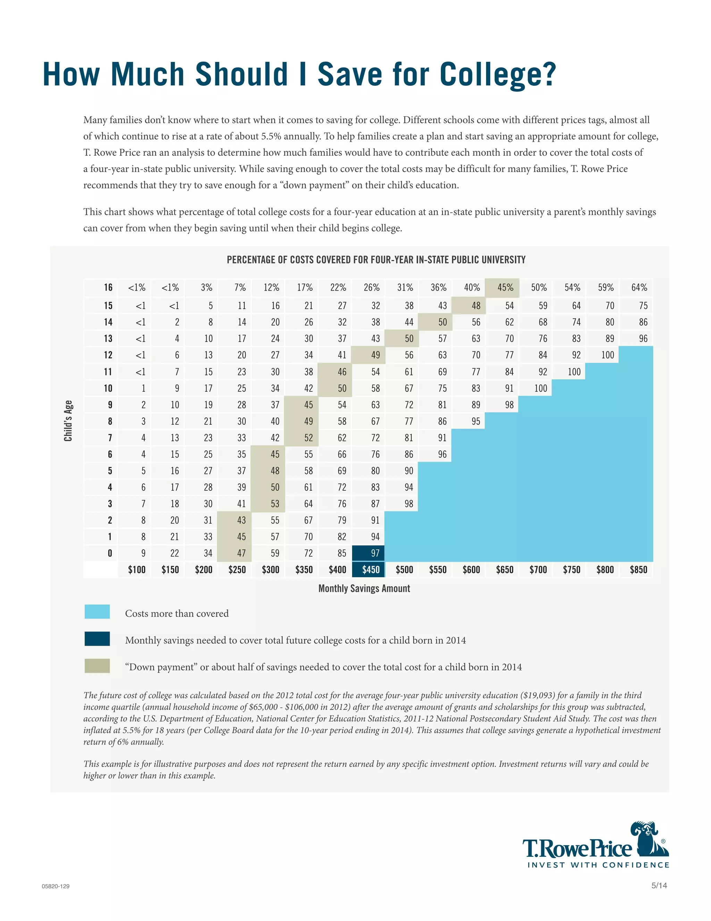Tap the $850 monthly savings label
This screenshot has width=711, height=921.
tap(638, 570)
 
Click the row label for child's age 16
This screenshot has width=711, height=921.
tap(108, 288)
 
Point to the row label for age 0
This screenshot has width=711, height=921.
tap(110, 553)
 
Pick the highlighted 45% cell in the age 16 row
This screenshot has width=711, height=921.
tap(505, 288)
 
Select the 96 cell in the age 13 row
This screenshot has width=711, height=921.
tap(643, 339)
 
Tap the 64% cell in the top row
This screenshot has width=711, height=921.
tap(639, 288)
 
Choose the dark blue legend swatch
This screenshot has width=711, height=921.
tap(97, 639)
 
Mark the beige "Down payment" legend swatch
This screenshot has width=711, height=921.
tap(97, 666)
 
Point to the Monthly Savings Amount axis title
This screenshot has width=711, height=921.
tap(364, 588)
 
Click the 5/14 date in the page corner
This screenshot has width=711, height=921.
tap(659, 886)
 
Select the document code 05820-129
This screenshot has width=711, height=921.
tap(56, 886)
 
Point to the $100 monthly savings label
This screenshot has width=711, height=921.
tap(136, 570)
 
